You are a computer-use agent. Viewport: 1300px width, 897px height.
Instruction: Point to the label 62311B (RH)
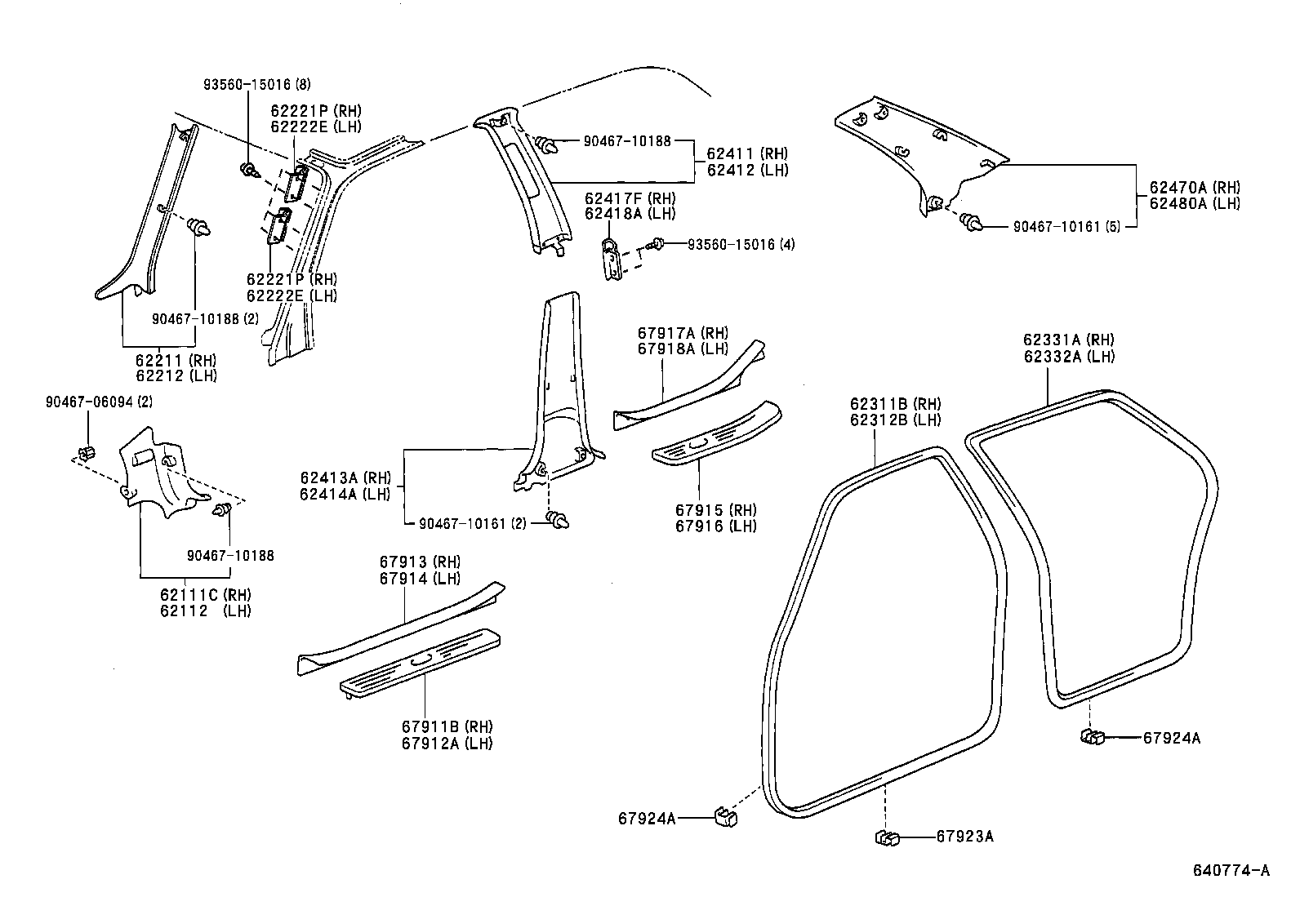point(895,403)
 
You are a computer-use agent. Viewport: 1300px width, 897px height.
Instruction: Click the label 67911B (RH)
point(447,726)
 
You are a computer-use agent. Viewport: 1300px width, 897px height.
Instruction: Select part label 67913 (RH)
point(420,562)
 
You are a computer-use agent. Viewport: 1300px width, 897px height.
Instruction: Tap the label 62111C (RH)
point(205,594)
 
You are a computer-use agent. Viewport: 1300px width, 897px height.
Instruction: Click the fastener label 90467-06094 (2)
point(99,401)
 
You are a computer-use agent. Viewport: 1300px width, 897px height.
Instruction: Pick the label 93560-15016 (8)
point(256,84)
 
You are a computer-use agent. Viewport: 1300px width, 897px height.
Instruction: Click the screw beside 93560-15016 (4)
point(656,243)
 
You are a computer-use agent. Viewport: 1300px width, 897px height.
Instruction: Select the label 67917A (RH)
point(683,333)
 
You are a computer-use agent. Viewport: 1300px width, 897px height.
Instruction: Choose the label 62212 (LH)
point(176,375)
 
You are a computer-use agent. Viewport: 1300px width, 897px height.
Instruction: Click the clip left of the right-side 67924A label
point(1092,737)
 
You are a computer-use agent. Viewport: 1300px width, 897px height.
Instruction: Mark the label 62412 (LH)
point(747,170)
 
